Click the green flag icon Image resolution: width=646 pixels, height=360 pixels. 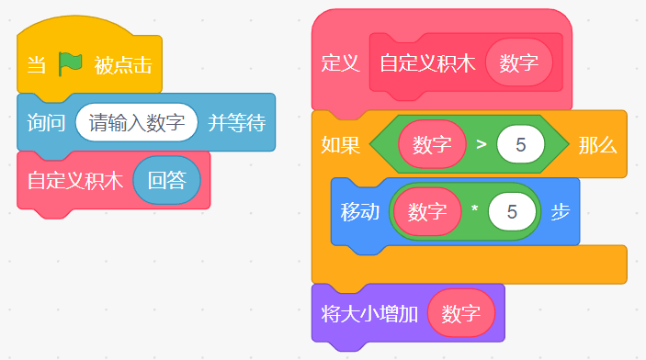[70, 64]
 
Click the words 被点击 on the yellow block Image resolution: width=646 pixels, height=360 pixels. [123, 65]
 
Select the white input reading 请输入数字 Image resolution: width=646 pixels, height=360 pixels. [137, 123]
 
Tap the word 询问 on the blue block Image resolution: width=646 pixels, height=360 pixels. [46, 123]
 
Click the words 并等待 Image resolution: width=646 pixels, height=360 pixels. [236, 123]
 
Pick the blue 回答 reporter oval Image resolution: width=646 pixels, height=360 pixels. [167, 180]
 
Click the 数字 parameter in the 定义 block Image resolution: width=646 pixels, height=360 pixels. [518, 62]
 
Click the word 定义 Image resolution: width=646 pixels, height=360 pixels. [340, 63]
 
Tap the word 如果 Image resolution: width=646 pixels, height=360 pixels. [340, 145]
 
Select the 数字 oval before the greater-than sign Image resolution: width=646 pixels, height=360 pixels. [432, 144]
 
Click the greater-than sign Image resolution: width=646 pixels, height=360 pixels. [482, 144]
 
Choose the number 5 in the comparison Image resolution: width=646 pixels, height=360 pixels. [521, 144]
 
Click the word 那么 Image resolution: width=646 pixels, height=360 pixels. [597, 145]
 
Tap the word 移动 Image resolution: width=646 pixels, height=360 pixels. [359, 212]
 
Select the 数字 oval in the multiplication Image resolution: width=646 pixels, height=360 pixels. [427, 212]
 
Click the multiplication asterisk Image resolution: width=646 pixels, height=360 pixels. [474, 208]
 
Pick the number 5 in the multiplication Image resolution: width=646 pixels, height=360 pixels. [512, 212]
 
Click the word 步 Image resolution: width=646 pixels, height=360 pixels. [561, 212]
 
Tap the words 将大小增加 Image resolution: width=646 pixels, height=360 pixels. [369, 314]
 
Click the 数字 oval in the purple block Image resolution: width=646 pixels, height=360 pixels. [461, 313]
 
